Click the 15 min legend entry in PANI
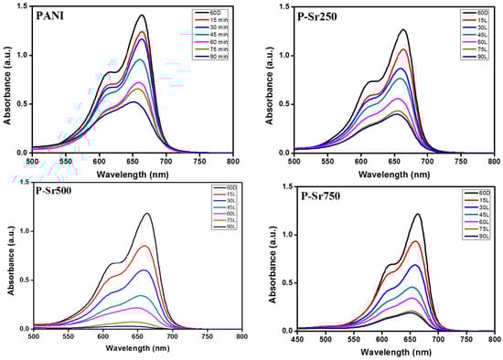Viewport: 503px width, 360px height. coord(205,21)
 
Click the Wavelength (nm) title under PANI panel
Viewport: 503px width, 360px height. coord(133,172)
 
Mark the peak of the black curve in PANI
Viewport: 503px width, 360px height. coord(142,16)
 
